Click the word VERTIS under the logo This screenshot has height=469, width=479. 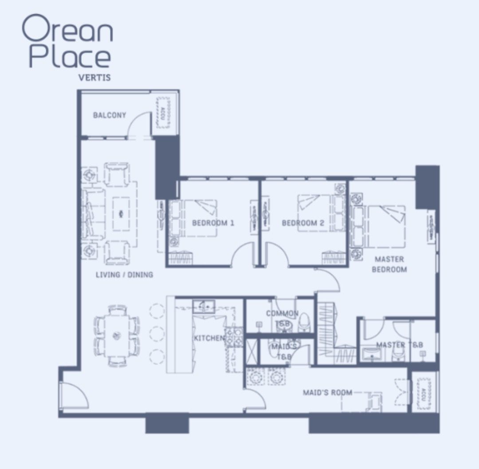pos(94,78)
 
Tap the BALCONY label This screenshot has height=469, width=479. pos(110,115)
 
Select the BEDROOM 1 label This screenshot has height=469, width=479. pos(213,223)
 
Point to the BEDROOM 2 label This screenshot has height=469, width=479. pos(303,223)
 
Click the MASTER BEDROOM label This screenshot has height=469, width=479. pos(389,264)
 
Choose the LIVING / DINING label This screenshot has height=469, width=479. pos(124,275)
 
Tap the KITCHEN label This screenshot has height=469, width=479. pos(209,339)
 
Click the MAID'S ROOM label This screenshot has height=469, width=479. pos(327,392)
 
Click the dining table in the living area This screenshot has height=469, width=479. pos(117,335)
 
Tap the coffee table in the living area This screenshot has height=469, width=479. pos(121,214)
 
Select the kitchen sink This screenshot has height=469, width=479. pos(204,306)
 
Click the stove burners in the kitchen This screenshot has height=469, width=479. pos(234,337)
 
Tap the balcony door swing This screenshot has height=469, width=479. pos(140,125)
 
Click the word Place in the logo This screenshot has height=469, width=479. pos(70,57)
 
